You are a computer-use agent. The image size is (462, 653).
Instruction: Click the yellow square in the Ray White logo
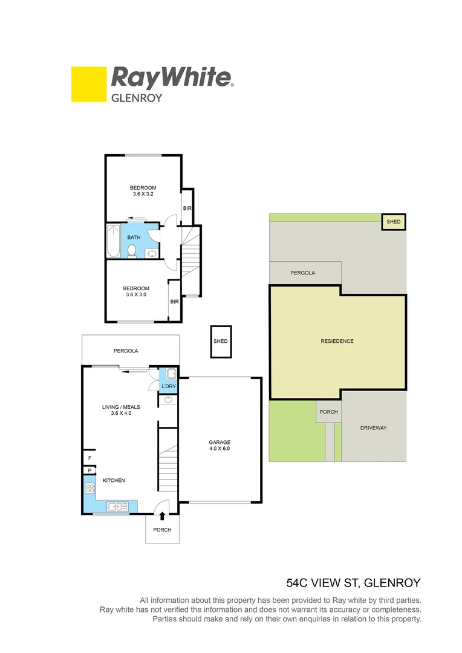[88, 84]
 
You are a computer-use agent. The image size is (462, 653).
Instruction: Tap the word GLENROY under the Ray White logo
[137, 97]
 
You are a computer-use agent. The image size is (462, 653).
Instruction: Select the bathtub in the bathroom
[114, 241]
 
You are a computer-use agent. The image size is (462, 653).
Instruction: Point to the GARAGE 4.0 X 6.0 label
[220, 446]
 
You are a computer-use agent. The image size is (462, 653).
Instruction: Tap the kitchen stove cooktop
[89, 489]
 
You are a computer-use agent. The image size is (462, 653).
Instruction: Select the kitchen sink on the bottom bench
[115, 507]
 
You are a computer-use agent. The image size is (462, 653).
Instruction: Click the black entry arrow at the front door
[162, 515]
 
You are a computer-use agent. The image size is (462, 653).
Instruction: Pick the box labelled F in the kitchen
[89, 459]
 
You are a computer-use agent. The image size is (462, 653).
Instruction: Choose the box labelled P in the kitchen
[89, 470]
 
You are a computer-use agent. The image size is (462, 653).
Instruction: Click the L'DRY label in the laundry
[168, 386]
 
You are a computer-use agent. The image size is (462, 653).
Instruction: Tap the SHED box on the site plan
[394, 223]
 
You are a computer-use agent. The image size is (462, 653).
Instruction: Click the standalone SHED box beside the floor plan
[221, 342]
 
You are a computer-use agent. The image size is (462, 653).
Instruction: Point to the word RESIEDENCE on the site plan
[337, 342]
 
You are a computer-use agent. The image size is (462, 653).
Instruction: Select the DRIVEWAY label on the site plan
[373, 428]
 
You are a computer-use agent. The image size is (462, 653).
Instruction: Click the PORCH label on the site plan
[328, 412]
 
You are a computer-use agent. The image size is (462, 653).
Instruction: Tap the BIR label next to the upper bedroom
[187, 209]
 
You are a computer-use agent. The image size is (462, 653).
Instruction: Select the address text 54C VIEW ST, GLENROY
[353, 583]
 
